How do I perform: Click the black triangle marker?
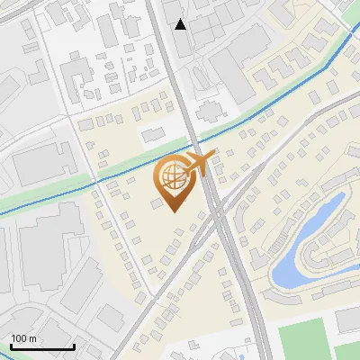181,23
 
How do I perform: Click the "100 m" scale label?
23,338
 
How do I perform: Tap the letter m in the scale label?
32,338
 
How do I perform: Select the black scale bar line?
42,346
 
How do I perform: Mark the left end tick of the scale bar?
11,345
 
